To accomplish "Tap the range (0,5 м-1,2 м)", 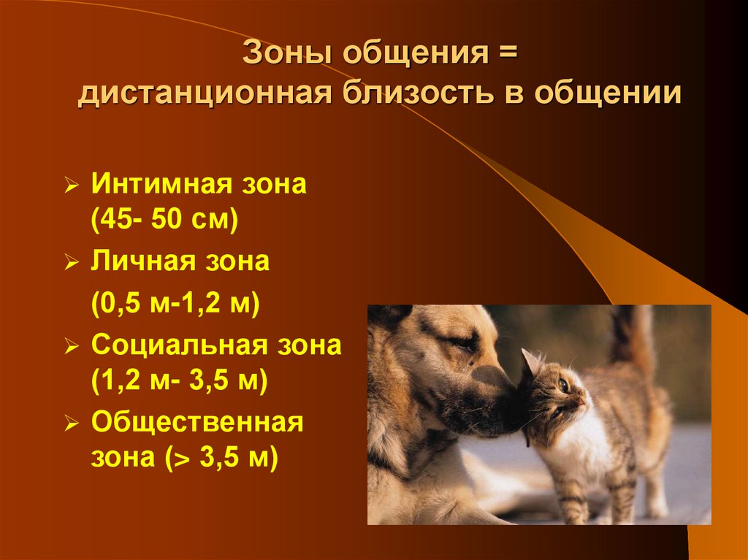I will [176, 303].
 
